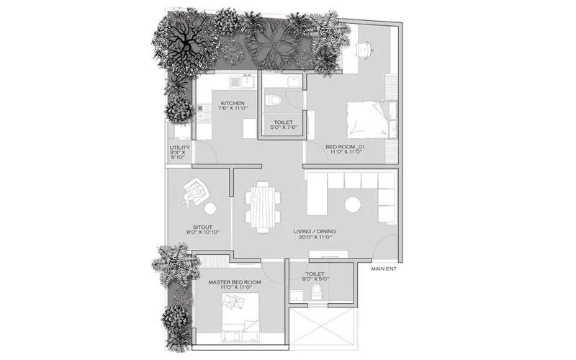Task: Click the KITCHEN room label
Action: click(x=233, y=104)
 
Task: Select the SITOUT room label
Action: click(x=192, y=225)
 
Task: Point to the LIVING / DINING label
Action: click(x=315, y=232)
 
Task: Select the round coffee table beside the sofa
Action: click(x=354, y=205)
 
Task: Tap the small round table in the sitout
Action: click(x=210, y=209)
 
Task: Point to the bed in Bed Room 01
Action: click(x=369, y=120)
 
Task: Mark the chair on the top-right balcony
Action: click(x=363, y=49)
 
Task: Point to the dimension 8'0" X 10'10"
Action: click(x=192, y=233)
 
